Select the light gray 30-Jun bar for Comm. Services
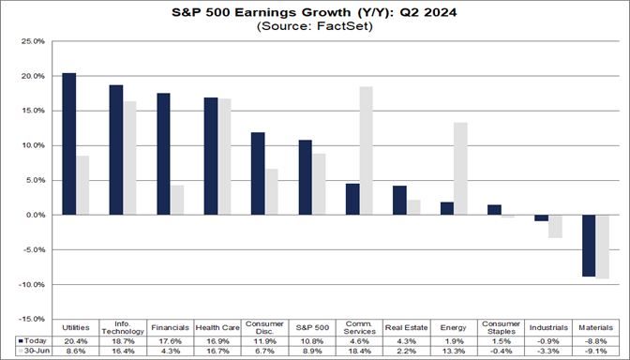tap(366, 151)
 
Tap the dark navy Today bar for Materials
tap(588, 246)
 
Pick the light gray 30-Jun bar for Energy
tap(461, 169)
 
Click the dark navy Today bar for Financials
tap(164, 154)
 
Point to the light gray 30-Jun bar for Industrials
tap(555, 226)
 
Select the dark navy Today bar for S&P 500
tap(305, 177)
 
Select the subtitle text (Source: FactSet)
tap(315, 27)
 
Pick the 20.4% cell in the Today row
tap(75, 339)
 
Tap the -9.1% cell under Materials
tap(595, 351)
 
